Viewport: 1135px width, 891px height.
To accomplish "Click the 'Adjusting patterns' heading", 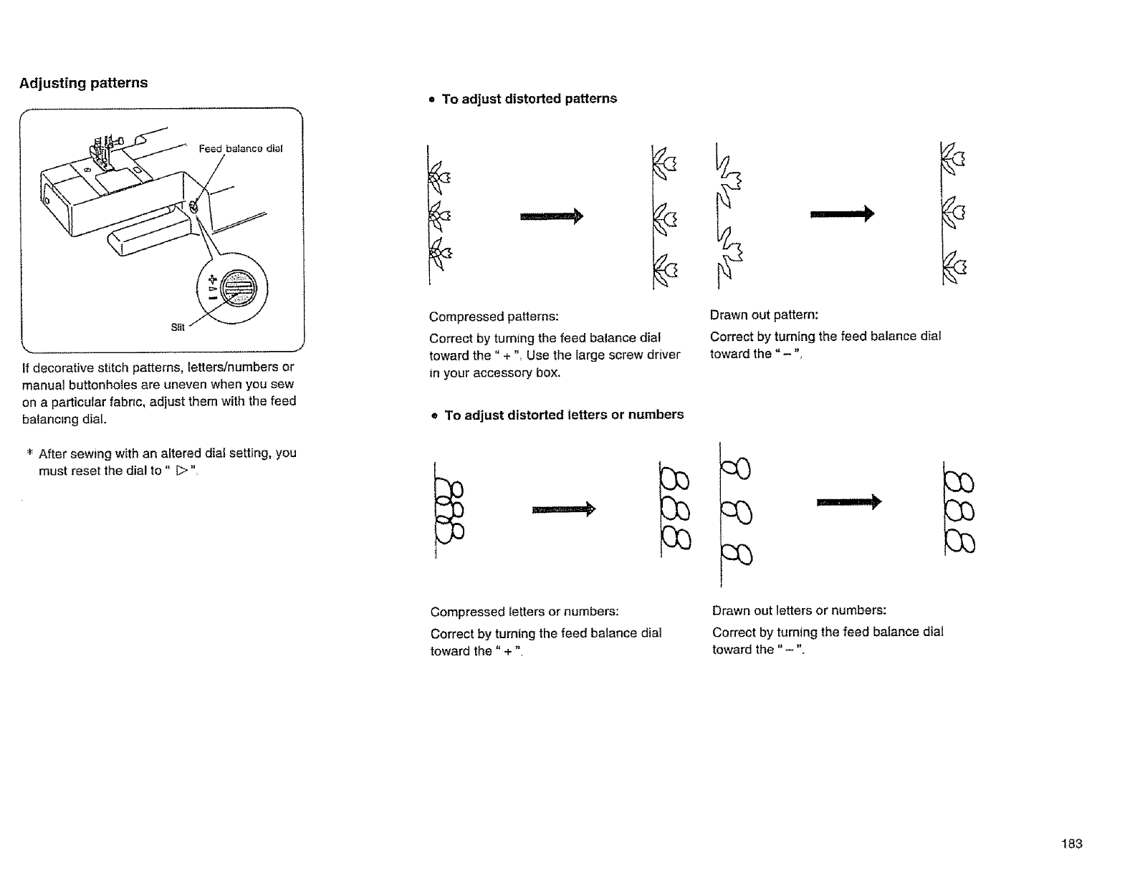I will tap(83, 83).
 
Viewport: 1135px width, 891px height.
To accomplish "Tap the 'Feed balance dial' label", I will tap(241, 149).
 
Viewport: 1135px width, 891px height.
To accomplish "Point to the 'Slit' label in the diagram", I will tap(178, 327).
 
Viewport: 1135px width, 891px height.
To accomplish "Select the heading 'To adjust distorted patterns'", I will tap(529, 99).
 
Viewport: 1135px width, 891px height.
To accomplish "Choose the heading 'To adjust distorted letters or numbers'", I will tap(564, 415).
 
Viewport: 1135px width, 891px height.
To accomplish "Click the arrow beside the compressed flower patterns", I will tap(552, 216).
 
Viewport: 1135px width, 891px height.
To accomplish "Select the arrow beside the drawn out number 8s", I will tap(848, 503).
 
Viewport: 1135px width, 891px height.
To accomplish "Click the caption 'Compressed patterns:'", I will tap(494, 317).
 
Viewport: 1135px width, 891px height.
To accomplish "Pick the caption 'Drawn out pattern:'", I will tap(764, 315).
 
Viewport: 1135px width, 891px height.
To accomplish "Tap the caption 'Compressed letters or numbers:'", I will tap(525, 612).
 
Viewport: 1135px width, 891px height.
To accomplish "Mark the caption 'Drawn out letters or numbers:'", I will tap(799, 610).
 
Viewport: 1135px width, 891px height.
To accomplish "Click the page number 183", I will tap(1072, 844).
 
